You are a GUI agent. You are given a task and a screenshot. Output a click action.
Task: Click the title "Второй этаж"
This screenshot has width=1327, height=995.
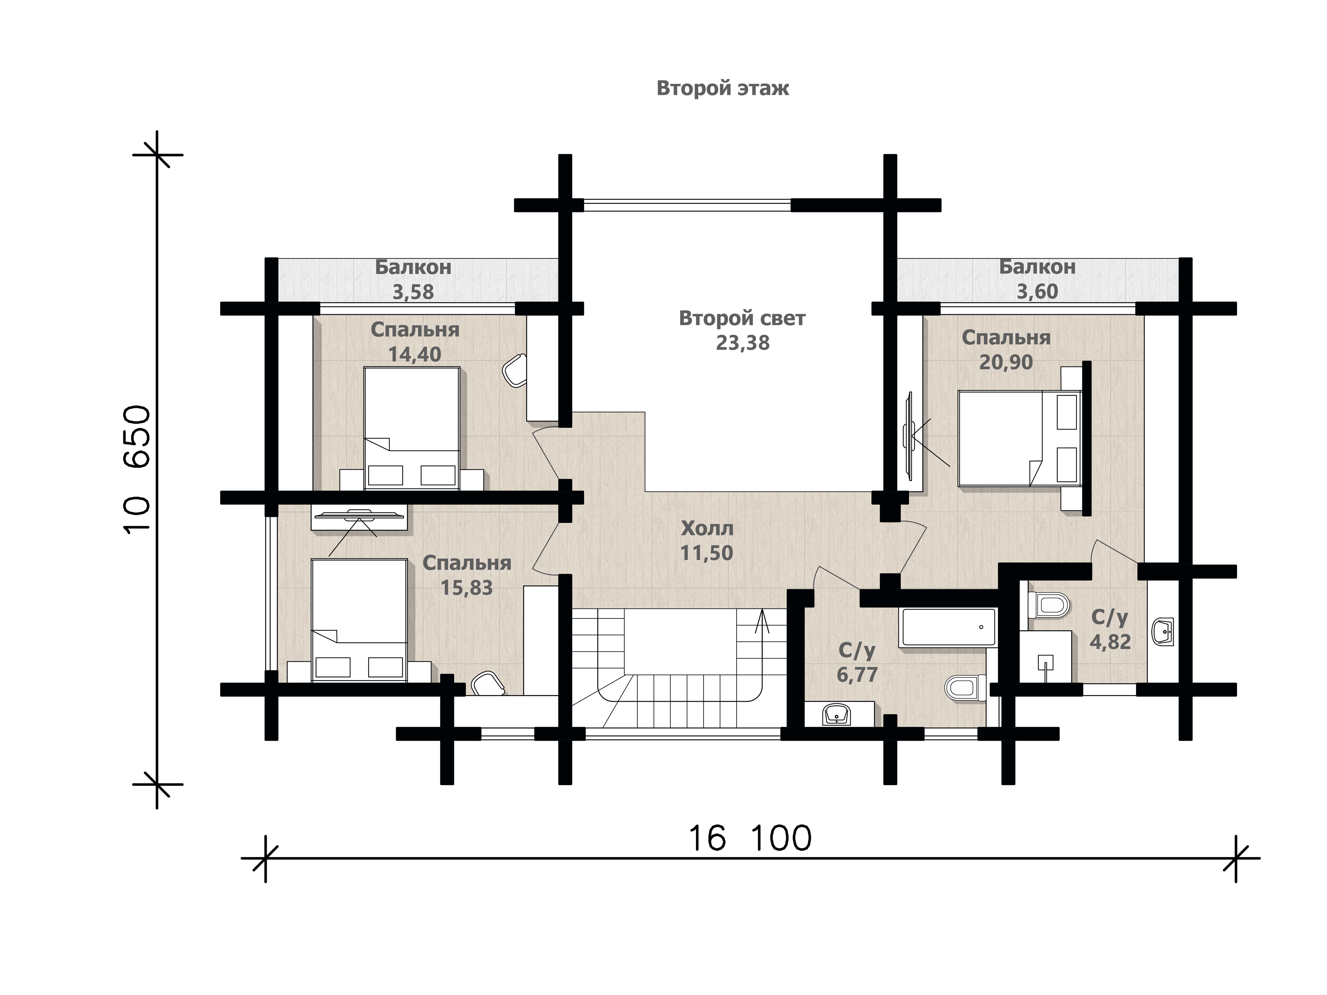point(723,88)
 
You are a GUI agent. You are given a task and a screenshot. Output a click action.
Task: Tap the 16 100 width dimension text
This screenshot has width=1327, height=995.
point(749,838)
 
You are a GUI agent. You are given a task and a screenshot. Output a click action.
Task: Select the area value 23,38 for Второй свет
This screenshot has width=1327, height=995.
point(743,343)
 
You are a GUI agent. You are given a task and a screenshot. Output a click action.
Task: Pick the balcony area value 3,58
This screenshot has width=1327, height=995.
point(413,292)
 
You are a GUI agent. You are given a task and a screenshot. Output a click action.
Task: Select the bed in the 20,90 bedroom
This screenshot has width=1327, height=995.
point(1020,438)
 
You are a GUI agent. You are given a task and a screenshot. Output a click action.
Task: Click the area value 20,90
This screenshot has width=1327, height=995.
point(1006,362)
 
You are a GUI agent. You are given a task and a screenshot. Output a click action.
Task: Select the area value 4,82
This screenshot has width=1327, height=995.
point(1110,642)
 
